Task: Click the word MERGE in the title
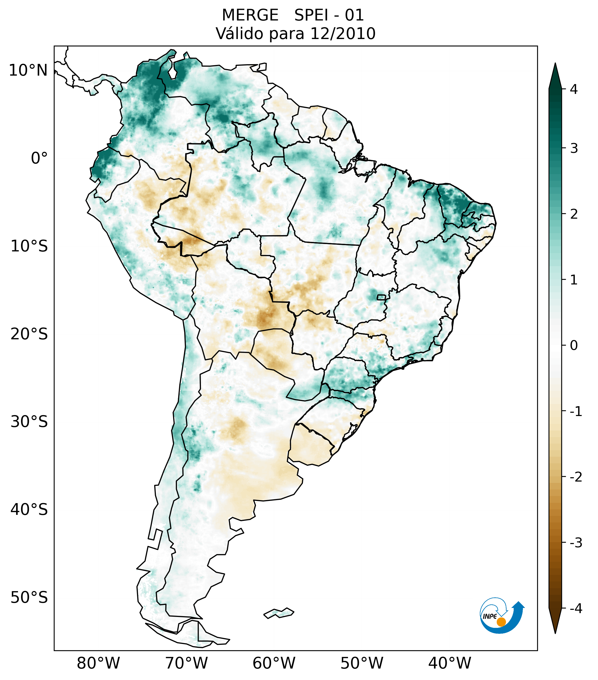pos(250,15)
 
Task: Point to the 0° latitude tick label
pos(39,158)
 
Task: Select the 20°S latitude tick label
pos(29,334)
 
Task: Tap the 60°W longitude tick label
pos(274,663)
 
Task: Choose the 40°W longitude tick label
pos(449,663)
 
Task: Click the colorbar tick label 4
pos(574,89)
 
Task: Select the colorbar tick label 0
pos(574,346)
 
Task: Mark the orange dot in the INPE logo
pos(501,622)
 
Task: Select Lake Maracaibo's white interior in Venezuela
pos(172,73)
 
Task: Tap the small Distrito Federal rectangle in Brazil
pos(381,297)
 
